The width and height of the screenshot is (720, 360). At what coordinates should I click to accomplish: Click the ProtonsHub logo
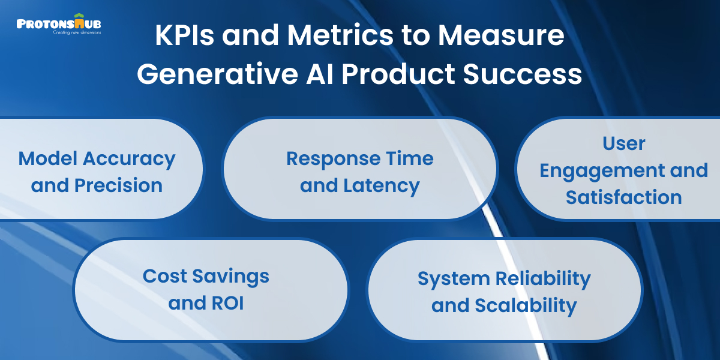coord(59,24)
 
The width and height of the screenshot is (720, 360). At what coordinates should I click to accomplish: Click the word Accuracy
coord(129,159)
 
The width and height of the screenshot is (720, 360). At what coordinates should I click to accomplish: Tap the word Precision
coord(118,185)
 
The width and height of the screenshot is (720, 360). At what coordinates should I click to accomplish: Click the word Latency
coord(382,185)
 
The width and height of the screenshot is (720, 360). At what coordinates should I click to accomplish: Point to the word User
coord(624,143)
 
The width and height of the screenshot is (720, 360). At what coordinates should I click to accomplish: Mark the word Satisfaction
coord(624,197)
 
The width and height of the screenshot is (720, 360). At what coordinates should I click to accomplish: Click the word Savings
coord(231,276)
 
